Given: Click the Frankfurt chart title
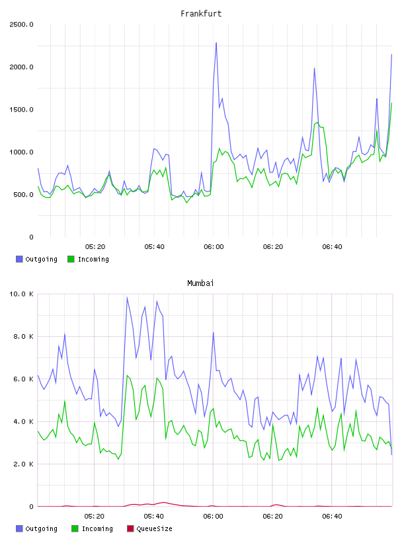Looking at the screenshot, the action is coord(201,14).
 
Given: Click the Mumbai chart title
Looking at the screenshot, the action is coord(200,283).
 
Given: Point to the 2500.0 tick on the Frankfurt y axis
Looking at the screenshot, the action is coord(21,24).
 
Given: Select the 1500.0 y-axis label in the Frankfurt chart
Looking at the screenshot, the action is coord(21,110).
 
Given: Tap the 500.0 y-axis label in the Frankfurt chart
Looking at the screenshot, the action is coord(23,195).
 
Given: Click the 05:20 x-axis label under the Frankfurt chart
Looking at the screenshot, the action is coord(95,247).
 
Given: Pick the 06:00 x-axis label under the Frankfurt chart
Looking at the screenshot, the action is coord(214,247).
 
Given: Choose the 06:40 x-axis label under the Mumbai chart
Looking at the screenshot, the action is coord(332,517).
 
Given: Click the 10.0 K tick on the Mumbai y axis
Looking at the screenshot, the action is coord(21,294).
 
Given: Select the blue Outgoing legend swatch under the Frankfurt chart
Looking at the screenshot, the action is coord(19,259).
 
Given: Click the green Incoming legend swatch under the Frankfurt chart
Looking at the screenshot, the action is coord(71,259).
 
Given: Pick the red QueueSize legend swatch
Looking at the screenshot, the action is coord(130,528).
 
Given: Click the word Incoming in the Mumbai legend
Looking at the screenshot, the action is coord(97,529).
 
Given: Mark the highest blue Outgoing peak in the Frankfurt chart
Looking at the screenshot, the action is coord(216,43).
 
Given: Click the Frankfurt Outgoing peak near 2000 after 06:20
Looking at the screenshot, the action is coord(314,68).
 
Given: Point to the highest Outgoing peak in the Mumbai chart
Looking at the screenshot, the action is coord(128,298).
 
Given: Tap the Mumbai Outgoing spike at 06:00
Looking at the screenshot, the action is coord(214,333).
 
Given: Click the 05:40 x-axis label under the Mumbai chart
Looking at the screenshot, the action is coord(154,517).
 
